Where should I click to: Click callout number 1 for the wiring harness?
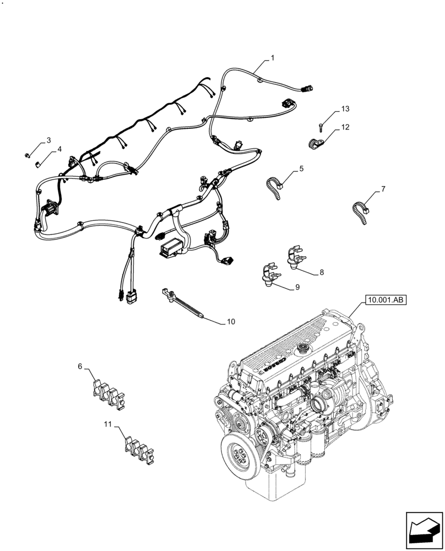[x=272, y=58]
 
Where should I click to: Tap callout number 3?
[x=48, y=141]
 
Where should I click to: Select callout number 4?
[x=59, y=149]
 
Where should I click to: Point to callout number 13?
[x=345, y=109]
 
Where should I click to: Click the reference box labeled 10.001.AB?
[x=384, y=300]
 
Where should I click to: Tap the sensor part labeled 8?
[x=296, y=258]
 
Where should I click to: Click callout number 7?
[x=383, y=190]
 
